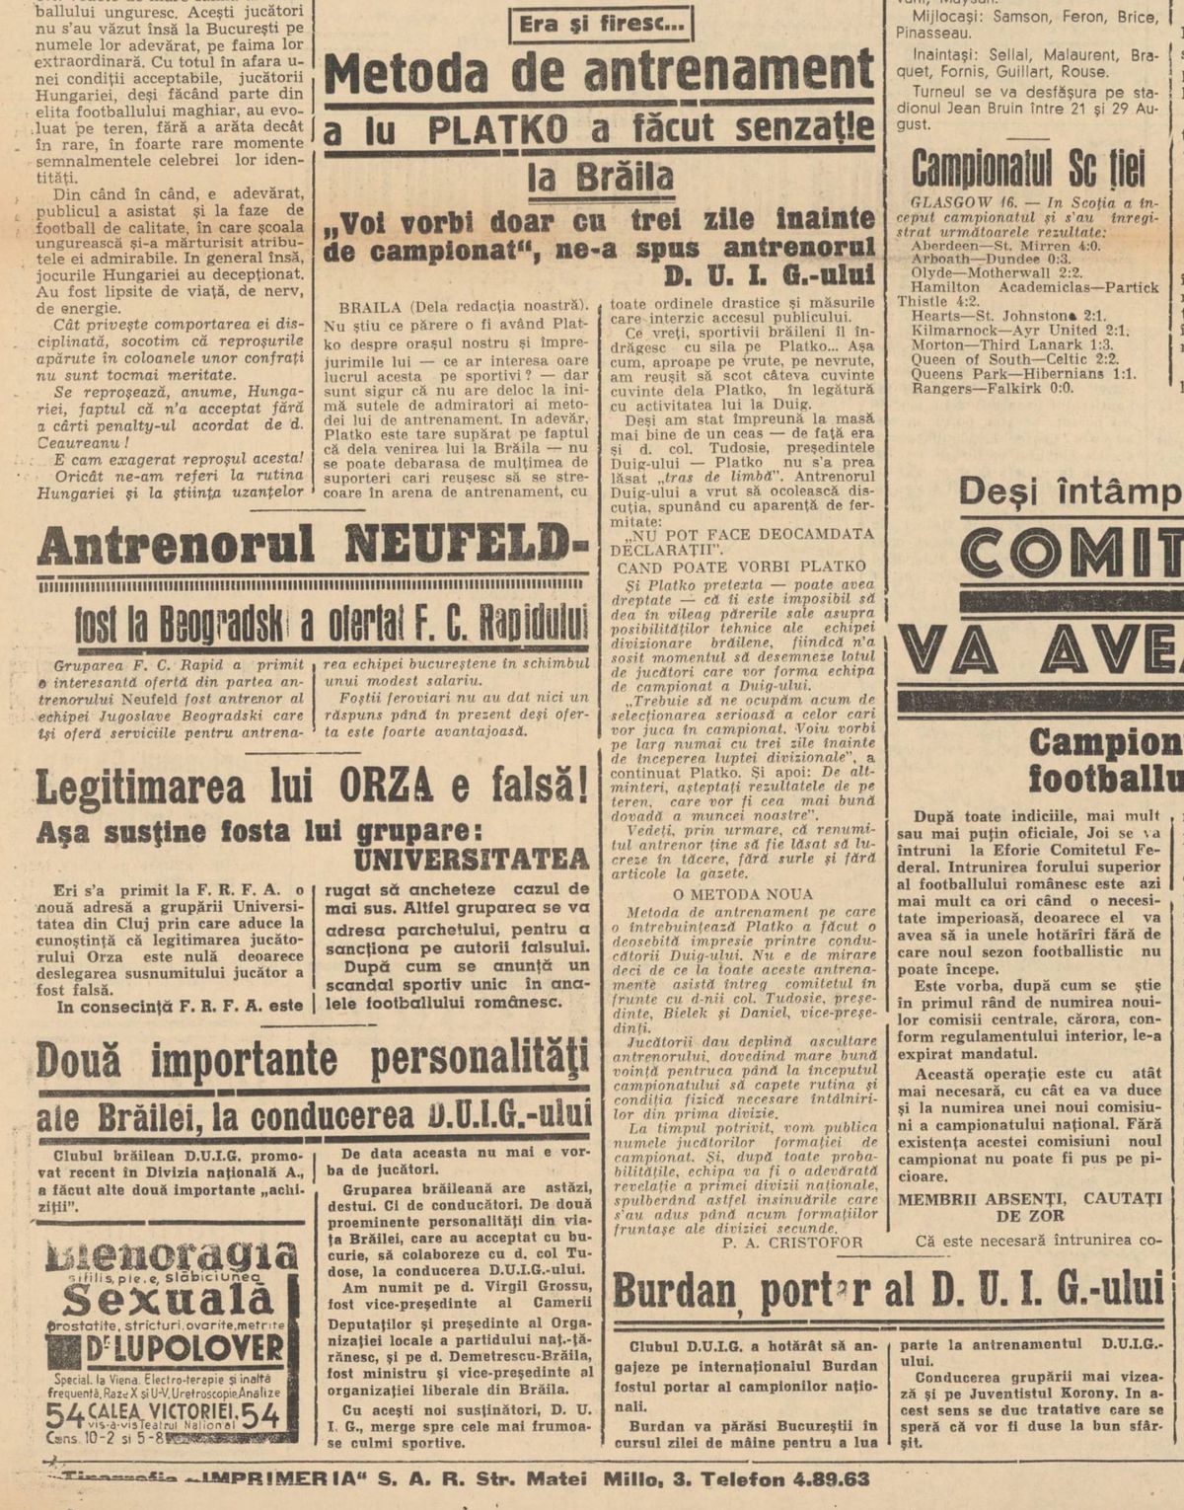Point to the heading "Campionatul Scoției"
[x=1028, y=169]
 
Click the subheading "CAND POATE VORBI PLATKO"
[x=741, y=566]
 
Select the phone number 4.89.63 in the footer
[x=828, y=1478]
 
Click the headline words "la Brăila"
[x=600, y=177]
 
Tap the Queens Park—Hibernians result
[x=1023, y=374]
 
